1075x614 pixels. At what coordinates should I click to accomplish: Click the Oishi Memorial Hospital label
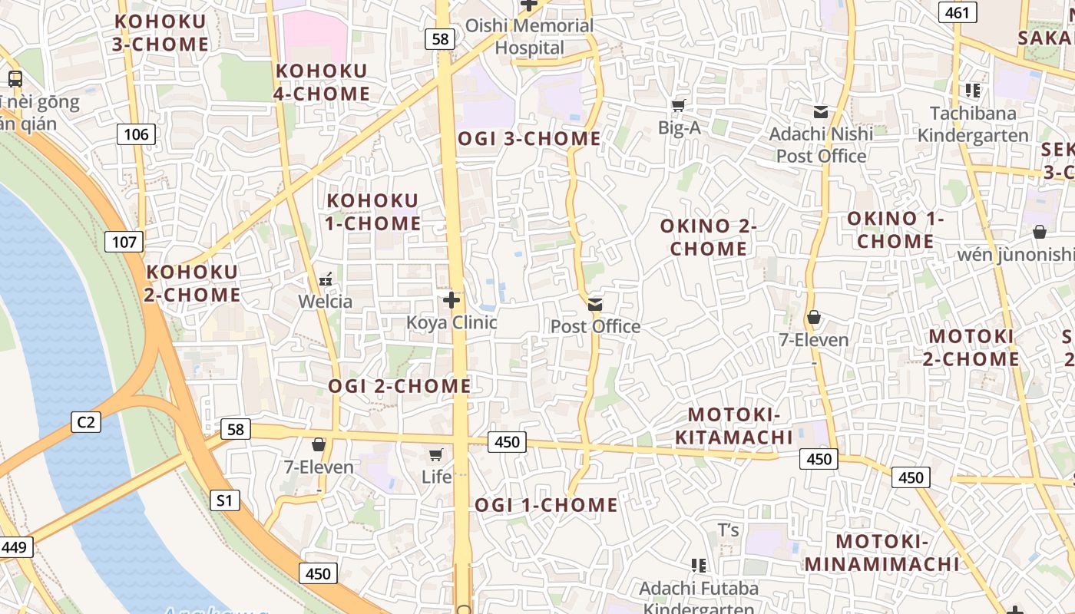click(x=529, y=36)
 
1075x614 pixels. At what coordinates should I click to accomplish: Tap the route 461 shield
click(x=958, y=12)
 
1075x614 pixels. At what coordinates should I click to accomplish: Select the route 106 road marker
click(x=137, y=135)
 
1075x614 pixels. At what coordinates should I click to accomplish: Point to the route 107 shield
click(x=124, y=243)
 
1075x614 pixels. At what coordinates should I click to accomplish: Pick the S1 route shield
click(x=224, y=501)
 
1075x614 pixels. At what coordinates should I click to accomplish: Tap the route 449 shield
click(x=15, y=547)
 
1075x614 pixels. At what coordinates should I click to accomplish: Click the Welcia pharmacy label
click(x=326, y=301)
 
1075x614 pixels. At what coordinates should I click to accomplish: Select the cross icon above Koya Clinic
click(x=451, y=300)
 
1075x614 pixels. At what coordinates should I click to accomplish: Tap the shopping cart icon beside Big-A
click(x=678, y=106)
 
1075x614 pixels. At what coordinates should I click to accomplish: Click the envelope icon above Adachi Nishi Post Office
click(x=821, y=112)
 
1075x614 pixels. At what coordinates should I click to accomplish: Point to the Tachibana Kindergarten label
click(x=973, y=124)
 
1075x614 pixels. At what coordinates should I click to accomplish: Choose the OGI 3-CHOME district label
click(x=529, y=139)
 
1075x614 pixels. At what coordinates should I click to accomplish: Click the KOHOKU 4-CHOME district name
click(x=322, y=82)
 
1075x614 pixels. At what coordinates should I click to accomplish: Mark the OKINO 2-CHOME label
click(x=708, y=237)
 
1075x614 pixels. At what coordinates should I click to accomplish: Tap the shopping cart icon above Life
click(x=436, y=455)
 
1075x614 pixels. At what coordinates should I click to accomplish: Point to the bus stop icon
click(x=15, y=78)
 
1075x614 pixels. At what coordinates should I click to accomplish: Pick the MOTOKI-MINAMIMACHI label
click(x=882, y=553)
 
